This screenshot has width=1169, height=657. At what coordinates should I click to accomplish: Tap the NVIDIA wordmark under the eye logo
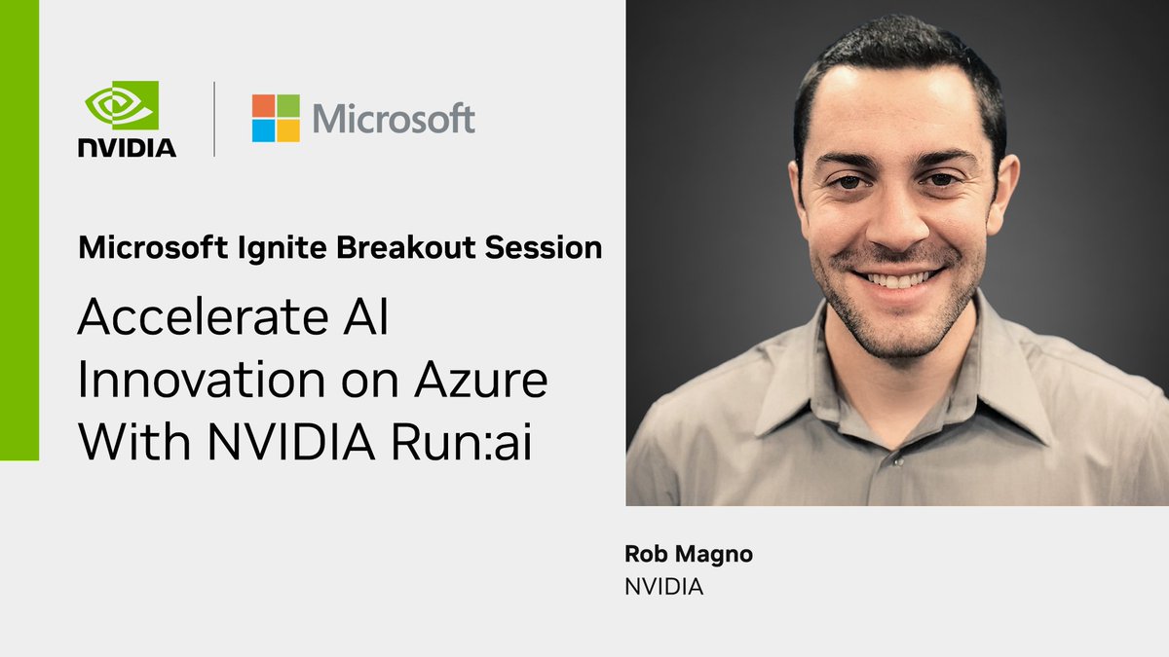tap(128, 147)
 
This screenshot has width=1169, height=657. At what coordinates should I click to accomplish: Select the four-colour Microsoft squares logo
tap(276, 119)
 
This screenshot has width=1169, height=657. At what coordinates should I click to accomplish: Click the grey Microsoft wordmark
tap(394, 119)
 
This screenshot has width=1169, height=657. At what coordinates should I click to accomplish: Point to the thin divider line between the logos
tap(214, 119)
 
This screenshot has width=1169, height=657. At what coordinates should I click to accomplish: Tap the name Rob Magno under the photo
tap(689, 555)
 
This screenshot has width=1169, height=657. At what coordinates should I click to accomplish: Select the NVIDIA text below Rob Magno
tap(663, 588)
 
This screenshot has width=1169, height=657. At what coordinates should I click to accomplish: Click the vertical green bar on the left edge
tap(19, 230)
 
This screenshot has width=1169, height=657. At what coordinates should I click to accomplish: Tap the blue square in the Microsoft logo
tap(263, 131)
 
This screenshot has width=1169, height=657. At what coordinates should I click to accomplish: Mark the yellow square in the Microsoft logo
tap(288, 131)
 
